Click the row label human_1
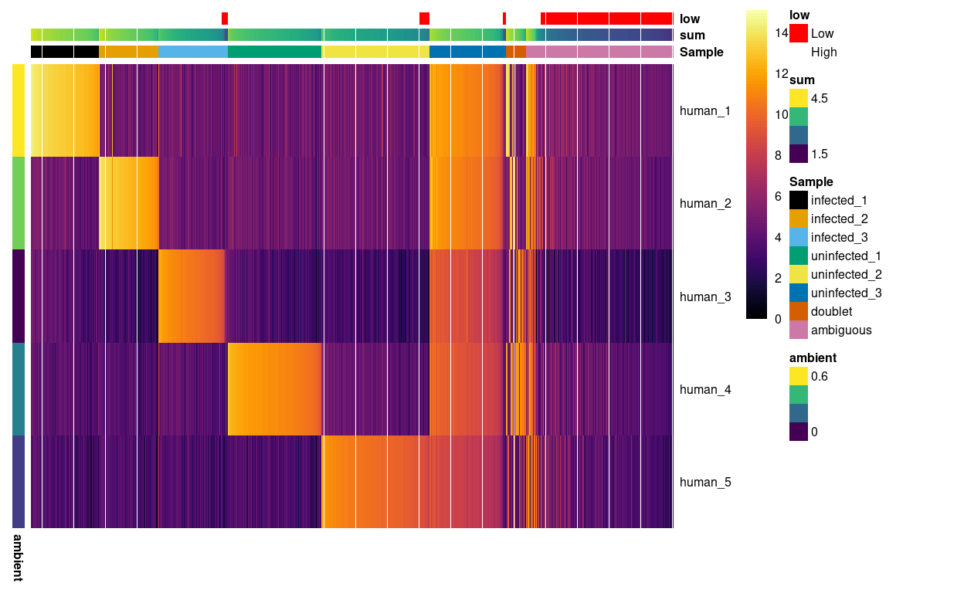704,110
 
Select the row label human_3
704,296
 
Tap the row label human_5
704,482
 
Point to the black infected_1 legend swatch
798,200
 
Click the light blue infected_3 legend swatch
798,237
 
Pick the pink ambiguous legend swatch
798,330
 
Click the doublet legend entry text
831,311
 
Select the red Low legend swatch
798,33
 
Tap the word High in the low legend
823,52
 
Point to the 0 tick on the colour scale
777,318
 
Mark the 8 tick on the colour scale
777,155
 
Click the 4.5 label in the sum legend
819,98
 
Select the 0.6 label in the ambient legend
819,376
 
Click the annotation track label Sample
701,52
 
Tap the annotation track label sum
692,35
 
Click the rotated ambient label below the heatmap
18,556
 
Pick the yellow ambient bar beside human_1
18,110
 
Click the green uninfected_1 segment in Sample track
274,52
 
